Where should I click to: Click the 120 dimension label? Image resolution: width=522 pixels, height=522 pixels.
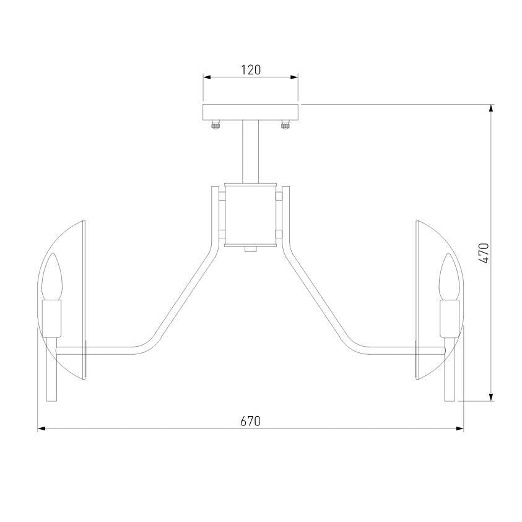[251, 70]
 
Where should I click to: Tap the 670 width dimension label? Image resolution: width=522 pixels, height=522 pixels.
[250, 422]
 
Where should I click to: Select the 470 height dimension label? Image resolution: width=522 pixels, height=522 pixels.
[485, 253]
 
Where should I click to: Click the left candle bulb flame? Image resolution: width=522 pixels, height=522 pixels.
[52, 276]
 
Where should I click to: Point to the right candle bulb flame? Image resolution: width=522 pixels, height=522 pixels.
[450, 276]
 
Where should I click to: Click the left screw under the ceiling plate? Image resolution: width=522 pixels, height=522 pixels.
[215, 125]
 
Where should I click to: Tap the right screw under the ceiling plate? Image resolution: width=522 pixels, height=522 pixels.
[285, 125]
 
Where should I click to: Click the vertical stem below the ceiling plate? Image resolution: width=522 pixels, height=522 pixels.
[250, 152]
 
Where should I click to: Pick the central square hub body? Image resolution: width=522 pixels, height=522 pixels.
[250, 215]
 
